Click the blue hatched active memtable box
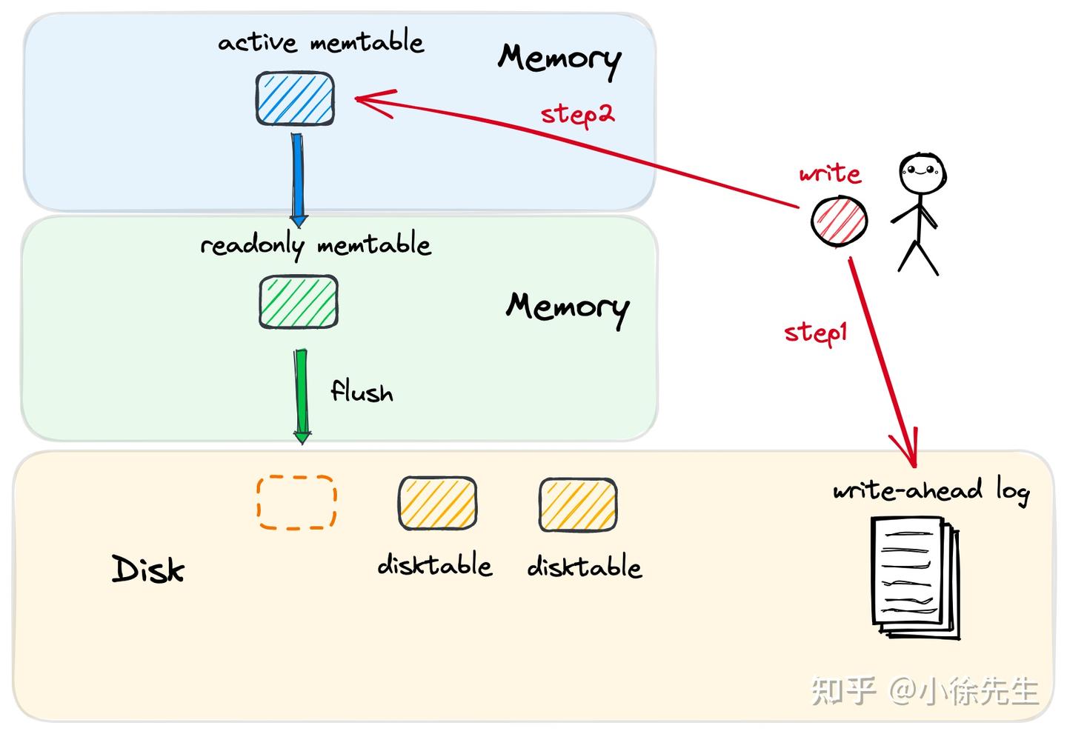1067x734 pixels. [x=295, y=99]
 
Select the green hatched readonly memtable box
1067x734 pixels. [x=299, y=301]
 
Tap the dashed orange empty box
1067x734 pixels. [x=296, y=502]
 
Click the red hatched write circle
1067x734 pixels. [x=839, y=221]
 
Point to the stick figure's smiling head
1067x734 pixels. [x=923, y=173]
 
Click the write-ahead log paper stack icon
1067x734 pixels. [x=915, y=578]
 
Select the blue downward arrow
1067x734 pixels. [x=298, y=180]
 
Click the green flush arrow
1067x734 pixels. [x=302, y=396]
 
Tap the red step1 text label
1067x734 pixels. [x=816, y=333]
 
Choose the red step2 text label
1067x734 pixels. [x=577, y=115]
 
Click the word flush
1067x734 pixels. [x=362, y=391]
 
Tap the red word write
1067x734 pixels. [x=830, y=173]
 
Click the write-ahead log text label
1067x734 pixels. [x=931, y=490]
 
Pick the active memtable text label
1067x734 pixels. [x=321, y=41]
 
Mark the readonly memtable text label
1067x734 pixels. [x=316, y=244]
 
